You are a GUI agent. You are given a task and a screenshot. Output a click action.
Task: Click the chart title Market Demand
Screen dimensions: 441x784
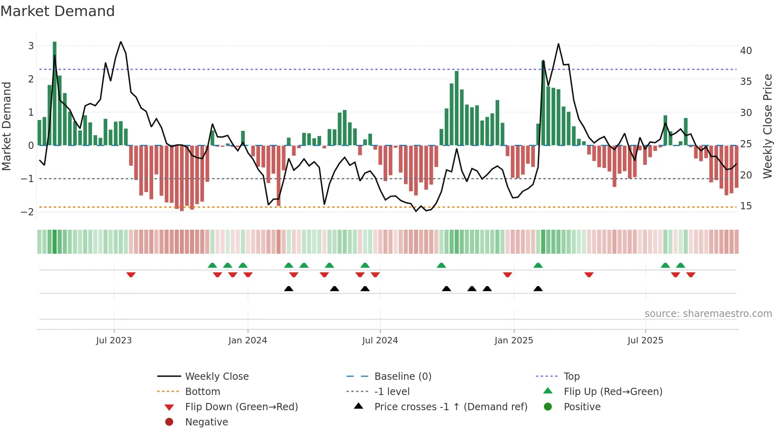pos(58,11)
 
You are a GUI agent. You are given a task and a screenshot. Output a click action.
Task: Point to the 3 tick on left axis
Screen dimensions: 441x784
pos(31,46)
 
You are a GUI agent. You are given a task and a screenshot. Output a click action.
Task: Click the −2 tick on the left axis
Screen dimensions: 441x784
pos(28,212)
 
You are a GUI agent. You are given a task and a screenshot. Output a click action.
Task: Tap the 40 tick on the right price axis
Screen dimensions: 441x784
pos(746,51)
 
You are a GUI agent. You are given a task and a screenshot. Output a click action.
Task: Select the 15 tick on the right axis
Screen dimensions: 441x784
pos(746,206)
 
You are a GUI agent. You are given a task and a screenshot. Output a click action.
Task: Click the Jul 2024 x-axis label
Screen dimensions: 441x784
pos(380,341)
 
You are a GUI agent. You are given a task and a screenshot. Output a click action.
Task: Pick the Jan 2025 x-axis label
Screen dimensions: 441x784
pos(514,341)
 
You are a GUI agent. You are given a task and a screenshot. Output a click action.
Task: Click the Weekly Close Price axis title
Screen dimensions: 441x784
pos(768,126)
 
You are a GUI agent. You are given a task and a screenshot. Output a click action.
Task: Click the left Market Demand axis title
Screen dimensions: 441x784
pos(7,126)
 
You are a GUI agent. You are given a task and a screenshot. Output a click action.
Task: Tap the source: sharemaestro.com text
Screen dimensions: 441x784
pos(708,314)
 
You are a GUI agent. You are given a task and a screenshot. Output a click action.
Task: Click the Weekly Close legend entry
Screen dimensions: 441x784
pos(216,377)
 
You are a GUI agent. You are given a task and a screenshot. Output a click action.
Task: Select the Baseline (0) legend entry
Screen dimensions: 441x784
pos(402,377)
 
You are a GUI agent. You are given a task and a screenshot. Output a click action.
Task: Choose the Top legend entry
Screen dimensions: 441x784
pos(572,377)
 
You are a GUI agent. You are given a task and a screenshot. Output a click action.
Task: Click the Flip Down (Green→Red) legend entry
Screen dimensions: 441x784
pos(241,407)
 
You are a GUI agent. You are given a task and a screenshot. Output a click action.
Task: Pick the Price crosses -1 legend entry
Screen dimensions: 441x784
pos(450,407)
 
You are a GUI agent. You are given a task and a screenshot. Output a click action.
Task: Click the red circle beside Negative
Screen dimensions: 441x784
pos(169,422)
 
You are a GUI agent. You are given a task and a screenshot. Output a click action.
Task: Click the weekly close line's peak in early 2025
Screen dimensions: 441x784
pos(558,44)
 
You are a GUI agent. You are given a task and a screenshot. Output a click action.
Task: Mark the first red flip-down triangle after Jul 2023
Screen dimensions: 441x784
pos(131,275)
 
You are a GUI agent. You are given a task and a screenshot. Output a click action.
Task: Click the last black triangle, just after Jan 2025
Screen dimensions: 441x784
pos(538,289)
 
